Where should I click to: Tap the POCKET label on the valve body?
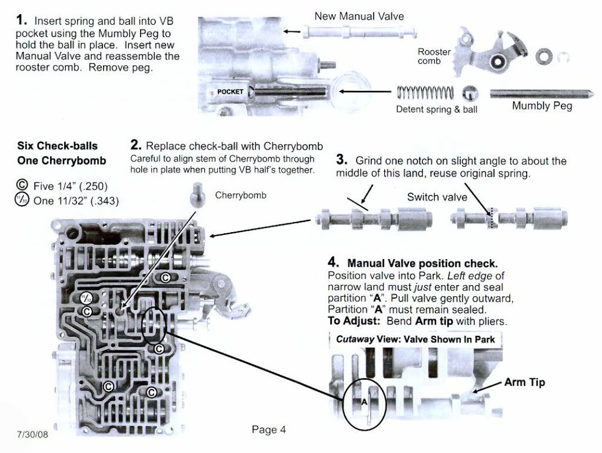point(230,92)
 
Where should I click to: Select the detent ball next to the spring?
point(471,94)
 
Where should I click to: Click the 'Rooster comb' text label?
point(434,57)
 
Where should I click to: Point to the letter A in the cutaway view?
point(364,402)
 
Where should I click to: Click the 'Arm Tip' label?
point(524,382)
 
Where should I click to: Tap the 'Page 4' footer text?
point(269,429)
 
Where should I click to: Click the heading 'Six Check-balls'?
point(57,146)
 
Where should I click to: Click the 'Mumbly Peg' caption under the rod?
point(541,107)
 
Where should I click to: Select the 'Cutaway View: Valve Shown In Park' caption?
point(414,340)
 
